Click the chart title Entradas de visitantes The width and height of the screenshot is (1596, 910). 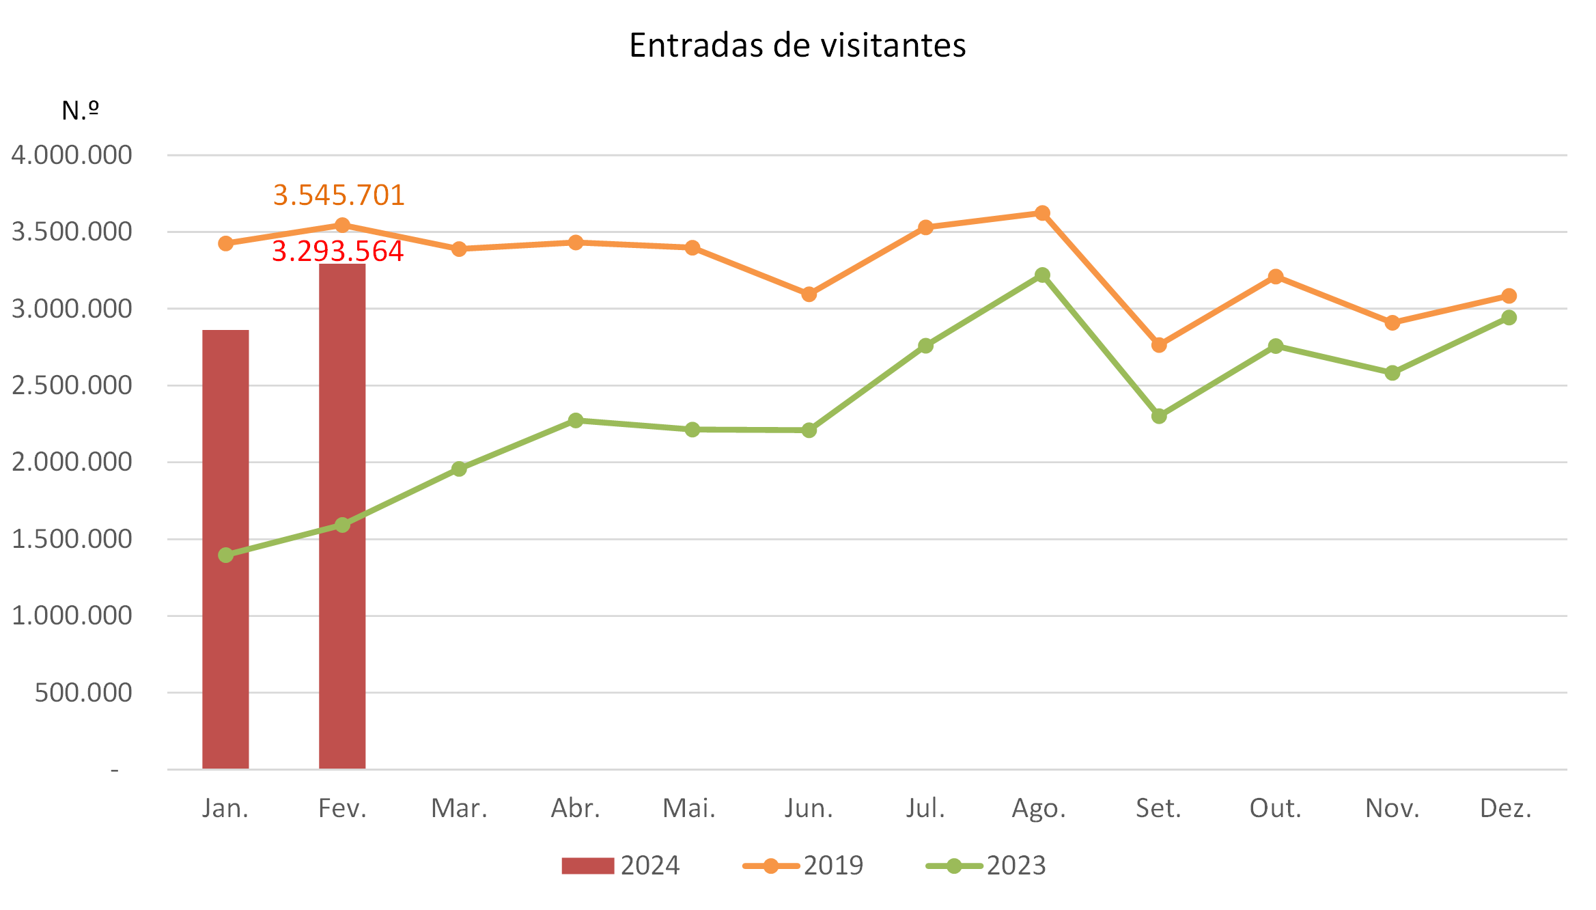(797, 46)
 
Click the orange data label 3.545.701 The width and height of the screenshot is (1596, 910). (339, 195)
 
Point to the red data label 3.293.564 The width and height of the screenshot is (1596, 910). (338, 251)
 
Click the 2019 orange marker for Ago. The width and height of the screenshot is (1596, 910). (1042, 213)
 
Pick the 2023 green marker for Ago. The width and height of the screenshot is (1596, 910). (1042, 275)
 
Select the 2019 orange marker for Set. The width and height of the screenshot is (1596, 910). (1159, 345)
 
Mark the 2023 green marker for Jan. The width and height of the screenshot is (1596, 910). (226, 555)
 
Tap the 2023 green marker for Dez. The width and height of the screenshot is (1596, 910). (1509, 318)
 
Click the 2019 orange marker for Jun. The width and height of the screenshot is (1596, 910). (809, 294)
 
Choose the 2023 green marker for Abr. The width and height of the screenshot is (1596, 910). (576, 420)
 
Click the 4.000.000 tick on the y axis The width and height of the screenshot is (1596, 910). (72, 155)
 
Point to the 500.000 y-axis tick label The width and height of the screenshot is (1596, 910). (83, 693)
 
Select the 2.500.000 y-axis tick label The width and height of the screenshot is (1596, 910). (72, 385)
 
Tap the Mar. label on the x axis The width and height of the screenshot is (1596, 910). (459, 809)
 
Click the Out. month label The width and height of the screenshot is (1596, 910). (1275, 809)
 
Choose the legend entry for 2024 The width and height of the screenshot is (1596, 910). (621, 866)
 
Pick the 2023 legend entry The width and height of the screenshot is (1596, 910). (987, 866)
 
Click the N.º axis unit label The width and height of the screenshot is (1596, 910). (81, 110)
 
